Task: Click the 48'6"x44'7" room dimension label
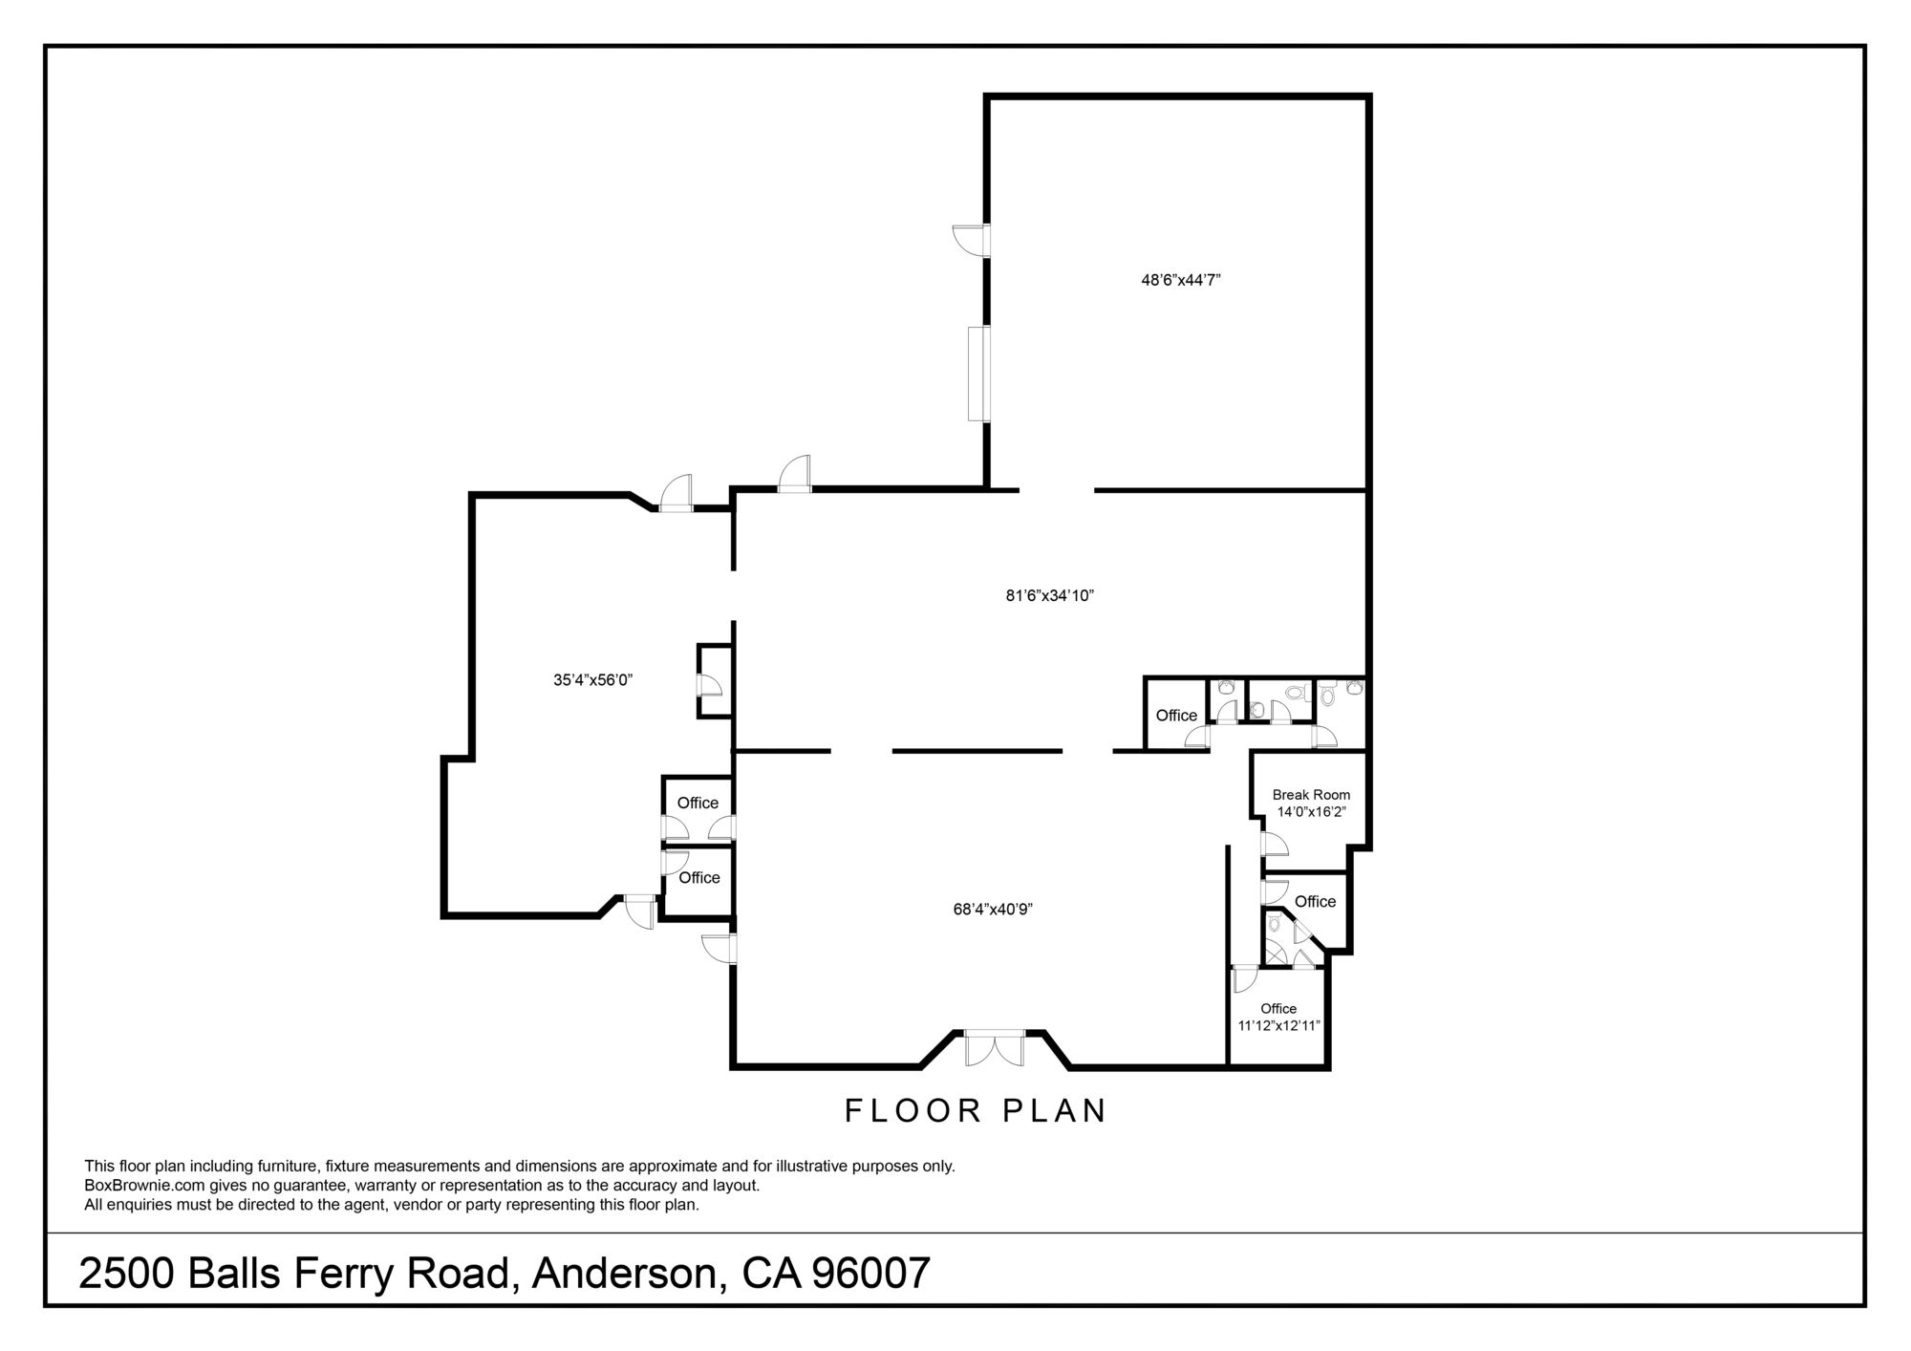[1181, 280]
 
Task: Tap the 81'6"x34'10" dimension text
[1049, 595]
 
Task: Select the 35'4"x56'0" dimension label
[593, 680]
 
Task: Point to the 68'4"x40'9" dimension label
[993, 910]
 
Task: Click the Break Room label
[1311, 795]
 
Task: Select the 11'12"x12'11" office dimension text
[1278, 1026]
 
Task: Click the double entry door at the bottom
[994, 1048]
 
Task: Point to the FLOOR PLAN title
[976, 1111]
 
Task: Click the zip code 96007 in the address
[870, 1274]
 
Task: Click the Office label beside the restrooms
[1176, 716]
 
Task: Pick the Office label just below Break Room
[1315, 902]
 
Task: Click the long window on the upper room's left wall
[977, 374]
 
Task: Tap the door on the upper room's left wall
[971, 241]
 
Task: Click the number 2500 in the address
[127, 1274]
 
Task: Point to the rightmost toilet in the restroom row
[1354, 686]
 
